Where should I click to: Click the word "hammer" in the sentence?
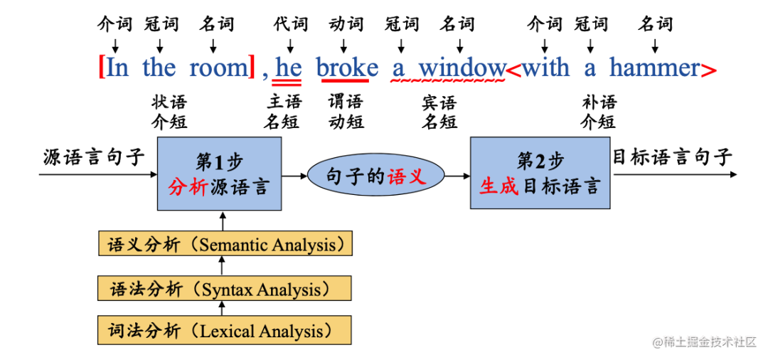(655, 68)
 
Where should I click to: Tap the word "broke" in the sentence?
(347, 68)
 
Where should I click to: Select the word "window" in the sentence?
(462, 68)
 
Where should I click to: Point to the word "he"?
(288, 68)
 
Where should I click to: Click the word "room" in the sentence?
(218, 68)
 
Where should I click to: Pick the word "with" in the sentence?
(546, 68)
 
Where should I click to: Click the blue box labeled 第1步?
(219, 174)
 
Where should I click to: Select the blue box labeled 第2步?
(540, 174)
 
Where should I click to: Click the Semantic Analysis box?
(225, 245)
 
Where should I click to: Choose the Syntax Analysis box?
(225, 290)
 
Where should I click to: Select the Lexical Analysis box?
(225, 331)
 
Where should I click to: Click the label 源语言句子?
(94, 157)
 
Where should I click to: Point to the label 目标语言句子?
(672, 157)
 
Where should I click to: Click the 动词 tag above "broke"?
(346, 24)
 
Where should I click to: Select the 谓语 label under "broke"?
(346, 102)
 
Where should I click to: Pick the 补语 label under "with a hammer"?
(599, 102)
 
